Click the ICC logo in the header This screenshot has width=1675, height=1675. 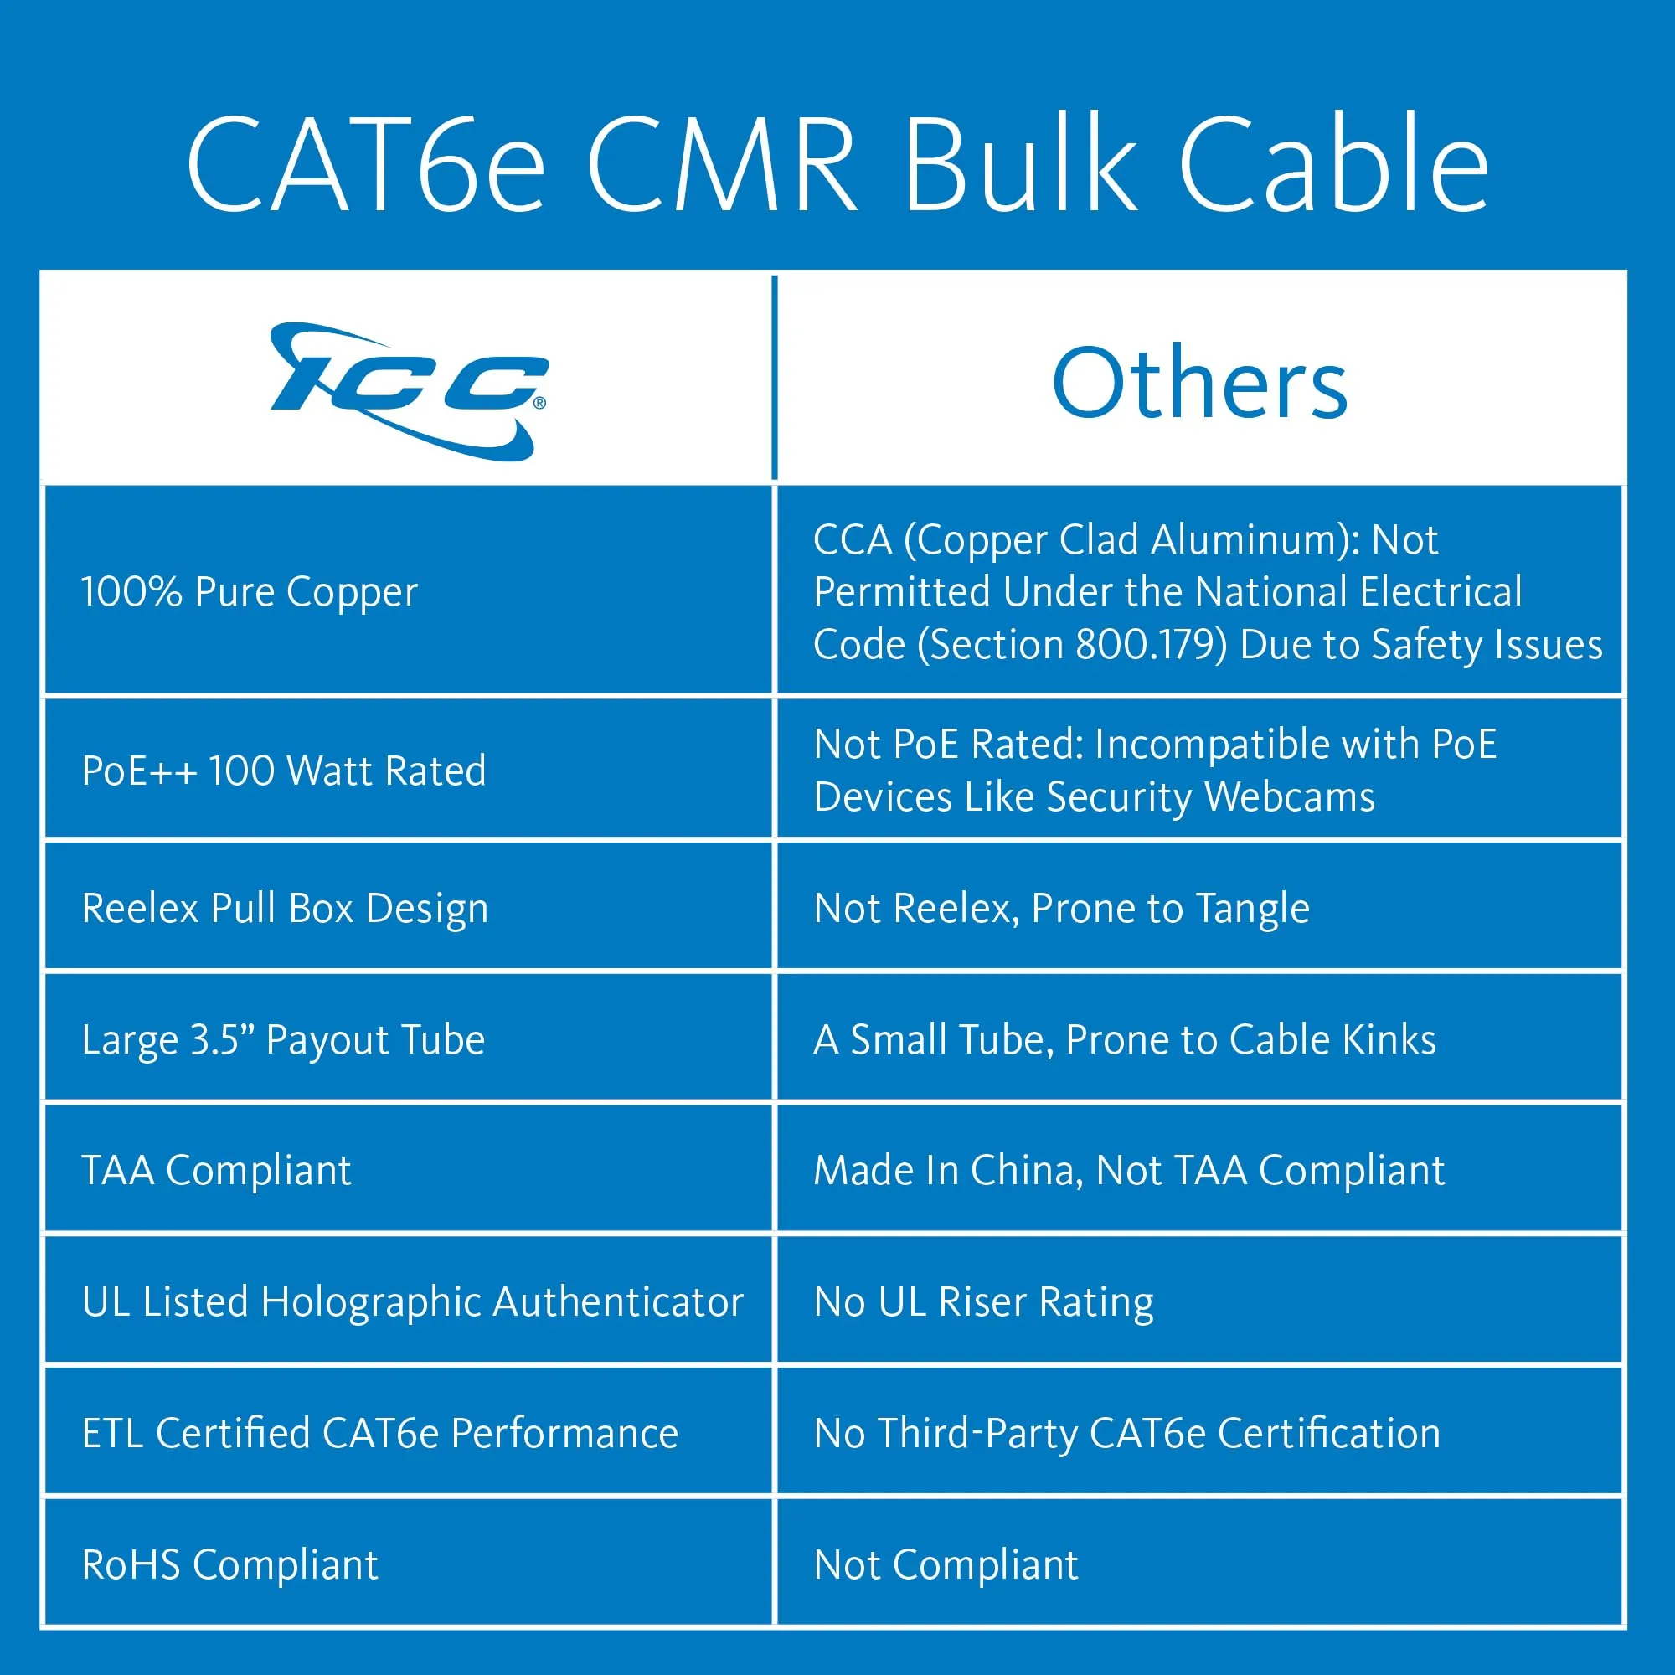(409, 391)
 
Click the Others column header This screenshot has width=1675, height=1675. (1199, 383)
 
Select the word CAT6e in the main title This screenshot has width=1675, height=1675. (365, 165)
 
